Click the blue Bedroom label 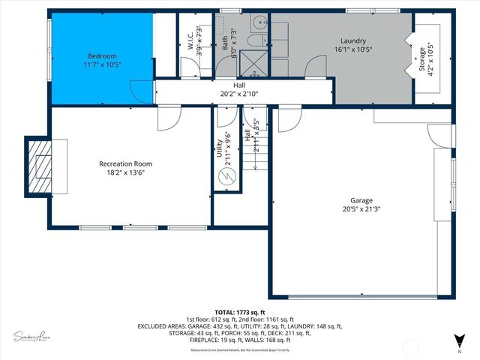[x=102, y=56]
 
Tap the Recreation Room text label [x=126, y=163]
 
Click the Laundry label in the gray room [x=352, y=40]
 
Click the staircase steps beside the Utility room [x=255, y=180]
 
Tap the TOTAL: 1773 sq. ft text [x=240, y=312]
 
